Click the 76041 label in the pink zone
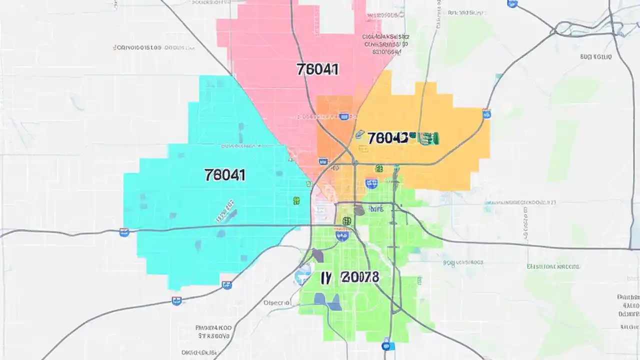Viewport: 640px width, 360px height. tap(317, 69)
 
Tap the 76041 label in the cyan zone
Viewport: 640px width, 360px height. tap(224, 174)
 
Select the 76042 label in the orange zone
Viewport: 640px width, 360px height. tap(387, 138)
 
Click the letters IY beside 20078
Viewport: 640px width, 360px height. tap(325, 277)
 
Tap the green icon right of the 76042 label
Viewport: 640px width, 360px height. tap(429, 138)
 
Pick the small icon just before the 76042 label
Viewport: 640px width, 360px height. tap(359, 134)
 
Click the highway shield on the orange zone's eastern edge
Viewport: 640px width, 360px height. tap(486, 114)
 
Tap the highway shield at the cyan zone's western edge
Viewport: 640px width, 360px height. tap(124, 232)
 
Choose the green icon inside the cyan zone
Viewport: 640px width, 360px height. tap(296, 200)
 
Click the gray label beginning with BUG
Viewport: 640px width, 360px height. tap(595, 57)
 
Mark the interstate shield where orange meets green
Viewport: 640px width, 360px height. tap(371, 183)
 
